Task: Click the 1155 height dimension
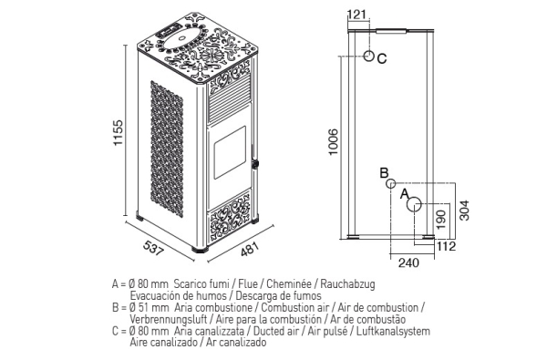pos(119,133)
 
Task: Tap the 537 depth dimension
pos(153,248)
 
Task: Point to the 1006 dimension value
pos(334,142)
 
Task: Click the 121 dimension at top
pos(357,15)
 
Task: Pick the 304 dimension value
pos(464,211)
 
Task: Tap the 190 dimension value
pos(441,220)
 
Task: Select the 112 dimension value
pos(447,246)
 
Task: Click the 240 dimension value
pos(408,262)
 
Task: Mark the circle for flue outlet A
pos(414,204)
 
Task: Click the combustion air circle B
pos(391,183)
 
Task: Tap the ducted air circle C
pos(368,56)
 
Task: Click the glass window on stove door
pos(230,152)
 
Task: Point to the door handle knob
pos(255,163)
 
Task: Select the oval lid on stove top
pos(181,36)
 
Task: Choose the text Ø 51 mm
pos(149,308)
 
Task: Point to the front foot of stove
pos(200,249)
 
